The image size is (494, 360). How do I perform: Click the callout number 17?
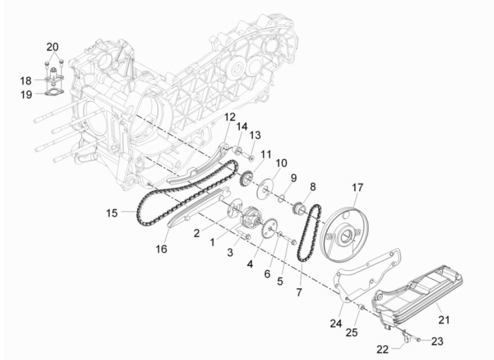coord(357,188)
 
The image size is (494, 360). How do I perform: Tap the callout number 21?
coord(444,320)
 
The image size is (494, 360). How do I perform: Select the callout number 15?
coord(112,212)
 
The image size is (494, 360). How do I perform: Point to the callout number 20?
coord(53,47)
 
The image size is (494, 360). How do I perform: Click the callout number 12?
coord(229,118)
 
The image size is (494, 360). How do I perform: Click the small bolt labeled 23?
coord(418,340)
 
